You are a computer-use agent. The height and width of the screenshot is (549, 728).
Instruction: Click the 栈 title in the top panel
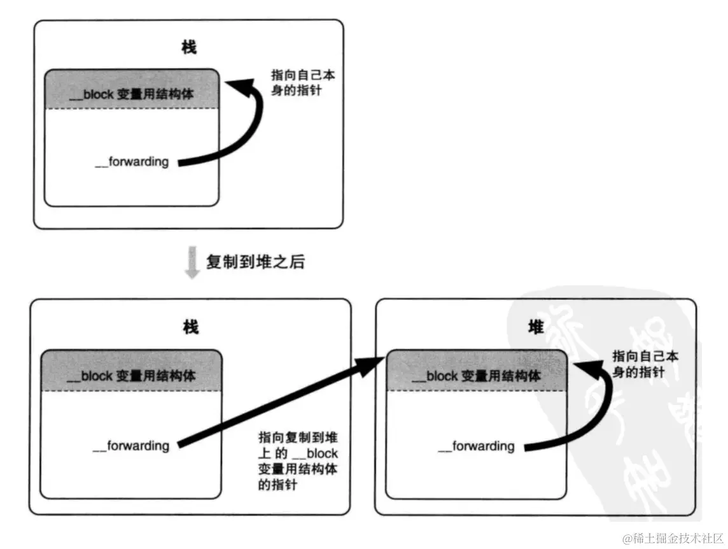coord(189,47)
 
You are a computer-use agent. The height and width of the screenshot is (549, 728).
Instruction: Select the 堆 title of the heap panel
coord(536,327)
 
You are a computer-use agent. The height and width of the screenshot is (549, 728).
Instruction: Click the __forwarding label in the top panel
coord(132,162)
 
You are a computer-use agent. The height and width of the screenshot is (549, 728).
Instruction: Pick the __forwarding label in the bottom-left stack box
coord(131,445)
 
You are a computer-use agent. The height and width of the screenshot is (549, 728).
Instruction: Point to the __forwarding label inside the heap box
coord(476,446)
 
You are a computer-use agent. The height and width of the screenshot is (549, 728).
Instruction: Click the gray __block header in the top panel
coord(132,92)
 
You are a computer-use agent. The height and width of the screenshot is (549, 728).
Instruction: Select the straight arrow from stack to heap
coord(274,401)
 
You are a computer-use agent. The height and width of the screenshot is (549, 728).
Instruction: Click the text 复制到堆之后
coord(255,261)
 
